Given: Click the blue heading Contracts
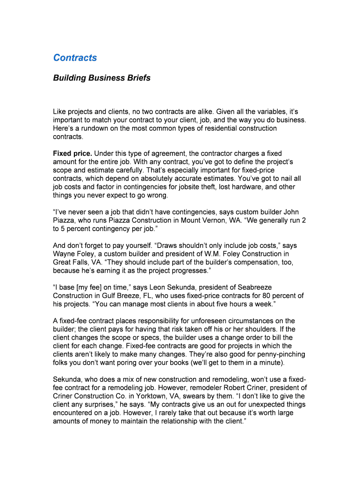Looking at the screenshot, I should pos(75,58).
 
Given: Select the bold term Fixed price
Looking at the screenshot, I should pos(72,153).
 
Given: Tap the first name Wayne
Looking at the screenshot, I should pos(64,254).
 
